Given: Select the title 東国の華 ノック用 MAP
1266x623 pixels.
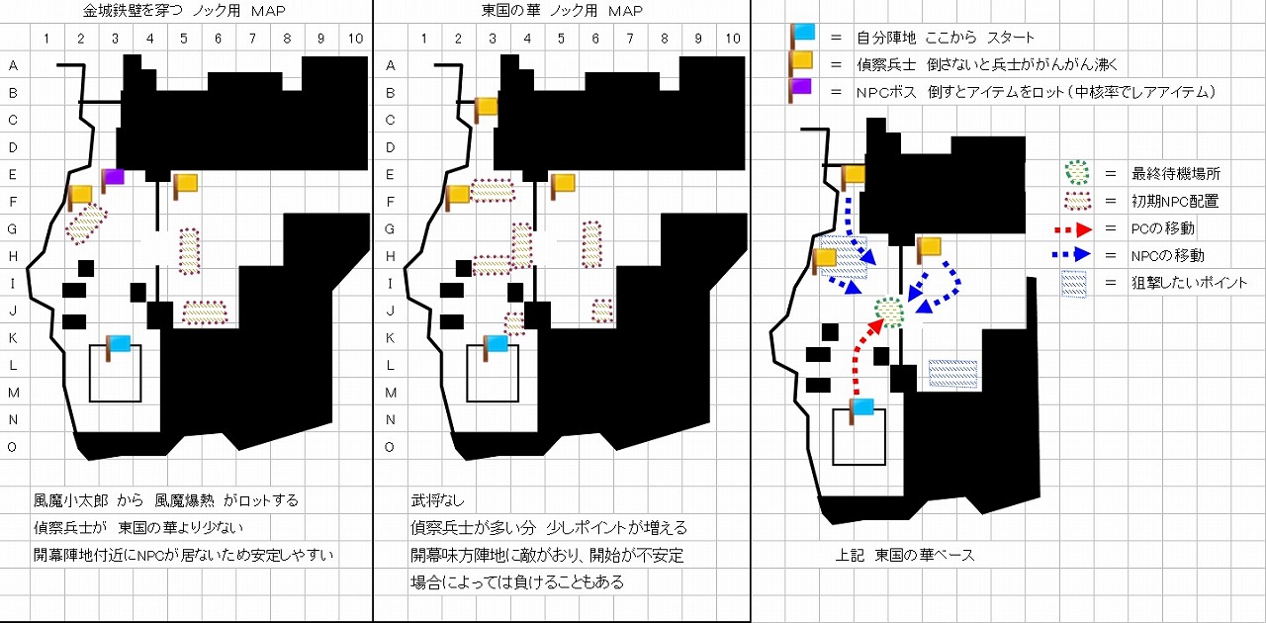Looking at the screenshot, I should pos(561,11).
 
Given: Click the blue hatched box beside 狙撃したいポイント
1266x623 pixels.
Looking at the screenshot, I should pos(1075,283).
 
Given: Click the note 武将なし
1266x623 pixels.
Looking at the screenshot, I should pos(437,501).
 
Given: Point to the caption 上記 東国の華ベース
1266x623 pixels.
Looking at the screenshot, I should pos(905,555).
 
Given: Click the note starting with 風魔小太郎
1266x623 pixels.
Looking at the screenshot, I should pos(166,501).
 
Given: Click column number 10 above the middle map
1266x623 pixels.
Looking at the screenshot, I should pos(732,39).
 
